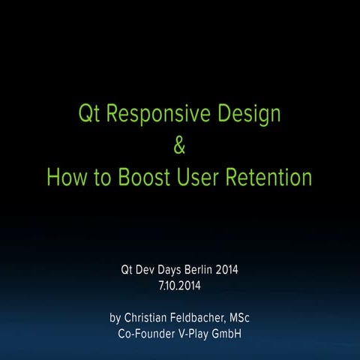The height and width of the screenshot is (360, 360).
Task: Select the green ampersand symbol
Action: (179, 147)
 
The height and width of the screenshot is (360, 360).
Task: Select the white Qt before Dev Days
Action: (127, 269)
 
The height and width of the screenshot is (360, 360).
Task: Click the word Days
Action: (176, 269)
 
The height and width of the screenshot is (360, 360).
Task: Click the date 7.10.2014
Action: (180, 285)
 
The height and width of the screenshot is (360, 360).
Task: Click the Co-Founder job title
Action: (145, 333)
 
